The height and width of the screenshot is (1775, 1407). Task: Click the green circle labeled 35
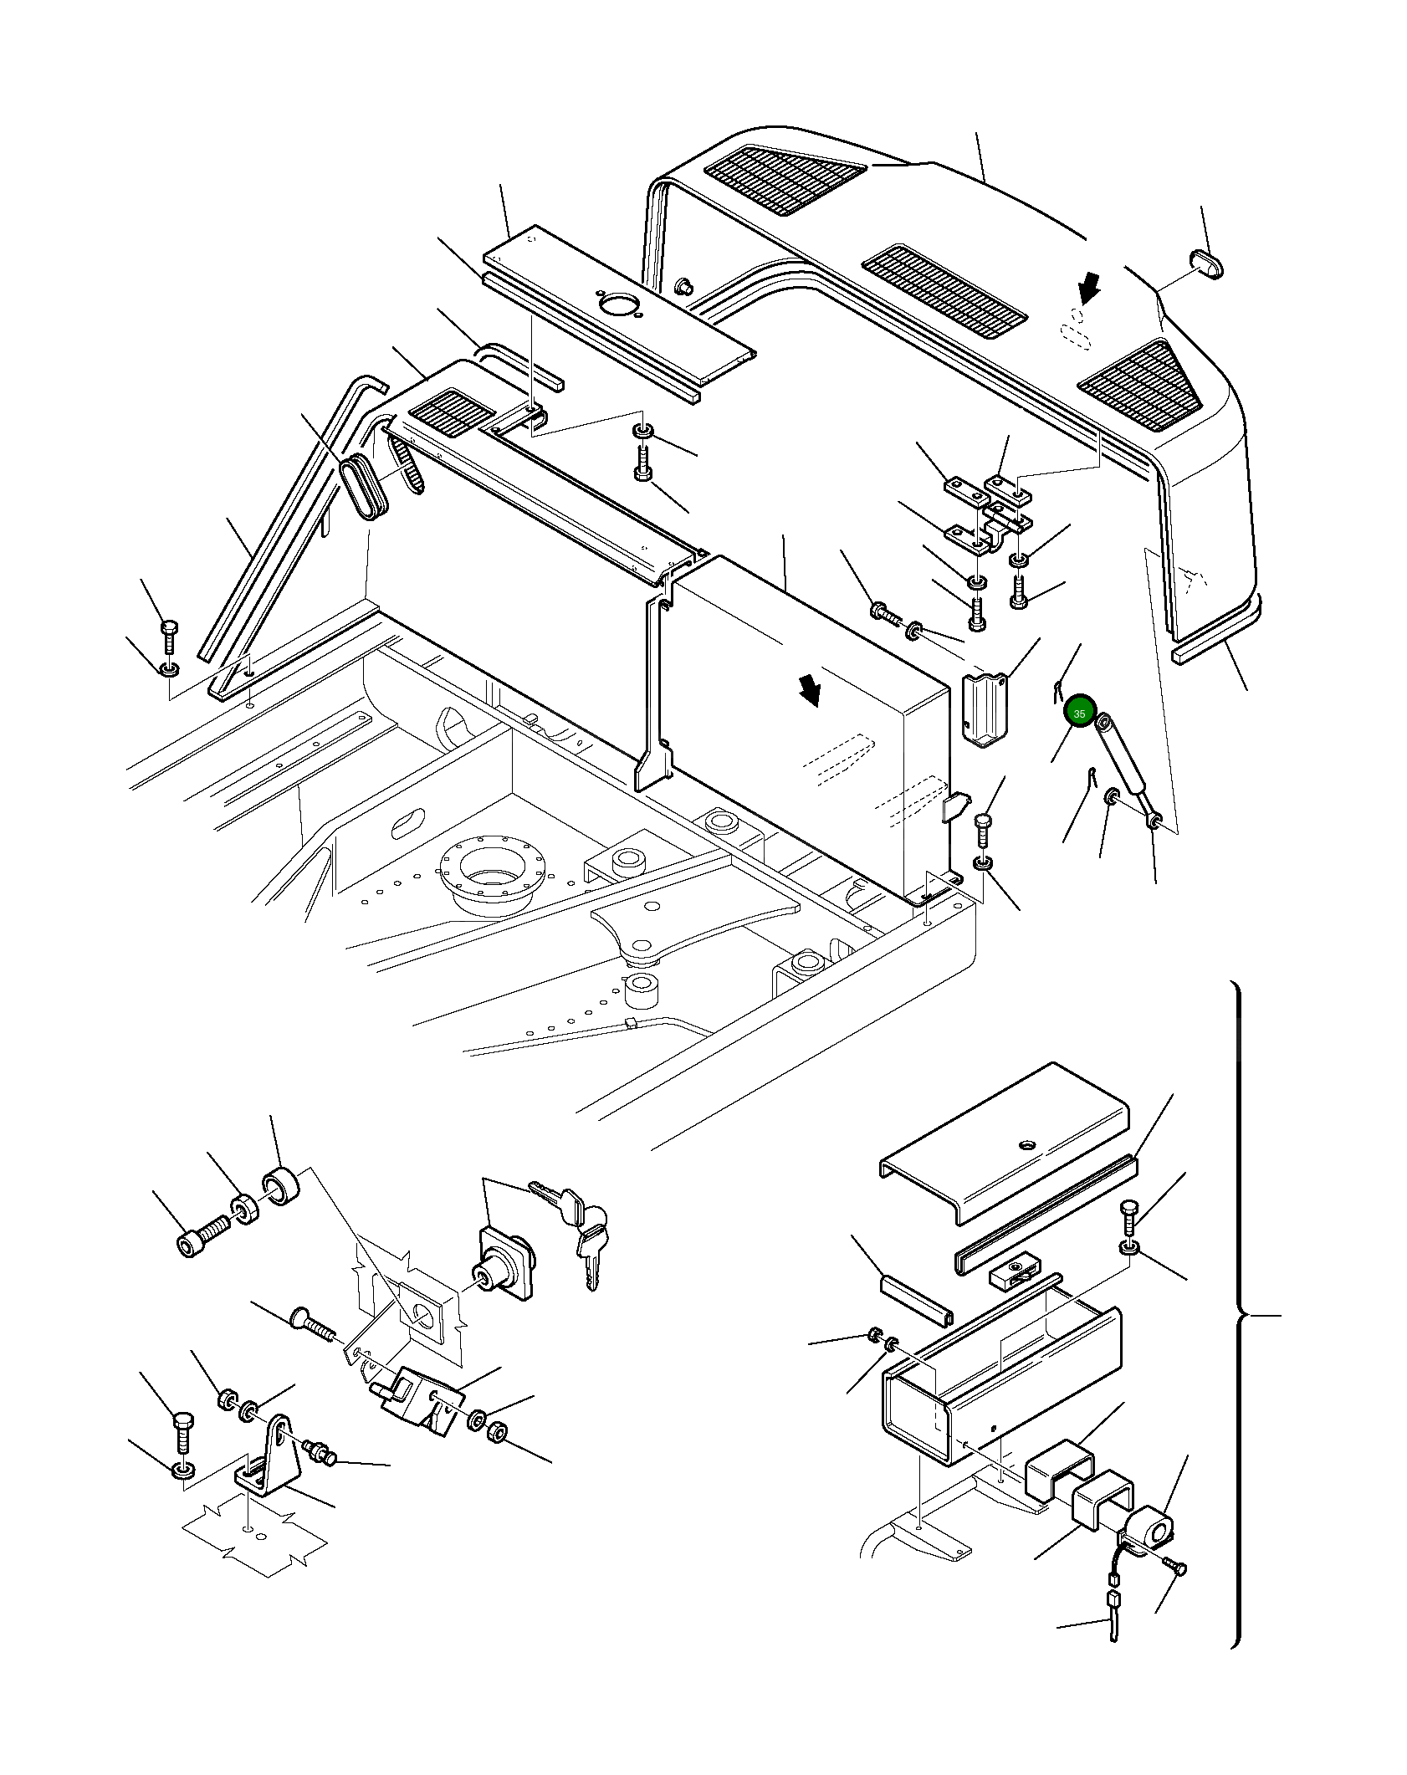(x=1079, y=713)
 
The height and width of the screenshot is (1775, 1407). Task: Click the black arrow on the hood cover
(x=1088, y=290)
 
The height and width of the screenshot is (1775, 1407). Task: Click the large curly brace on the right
(x=1245, y=1314)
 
